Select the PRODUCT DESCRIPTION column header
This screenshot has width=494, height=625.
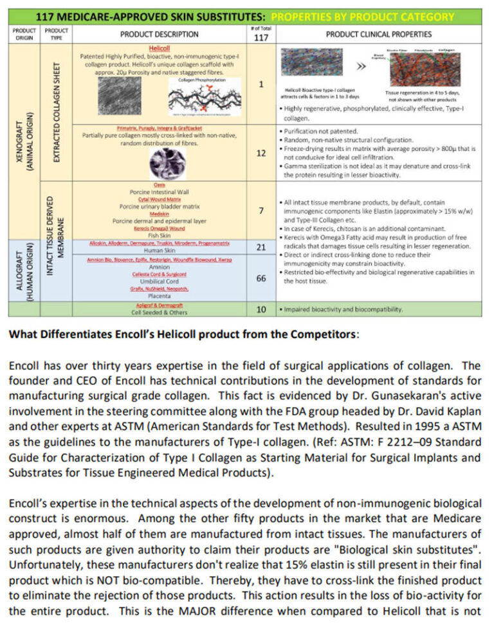(x=159, y=34)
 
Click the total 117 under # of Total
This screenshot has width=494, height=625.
(x=261, y=37)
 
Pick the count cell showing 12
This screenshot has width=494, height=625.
(x=261, y=153)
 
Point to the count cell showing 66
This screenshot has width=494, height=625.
(x=261, y=278)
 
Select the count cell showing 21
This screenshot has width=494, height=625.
(x=261, y=248)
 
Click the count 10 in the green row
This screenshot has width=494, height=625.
(x=261, y=309)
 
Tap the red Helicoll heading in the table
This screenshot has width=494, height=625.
(x=159, y=48)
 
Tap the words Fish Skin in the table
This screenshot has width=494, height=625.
(x=159, y=234)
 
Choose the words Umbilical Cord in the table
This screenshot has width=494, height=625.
(x=159, y=281)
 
